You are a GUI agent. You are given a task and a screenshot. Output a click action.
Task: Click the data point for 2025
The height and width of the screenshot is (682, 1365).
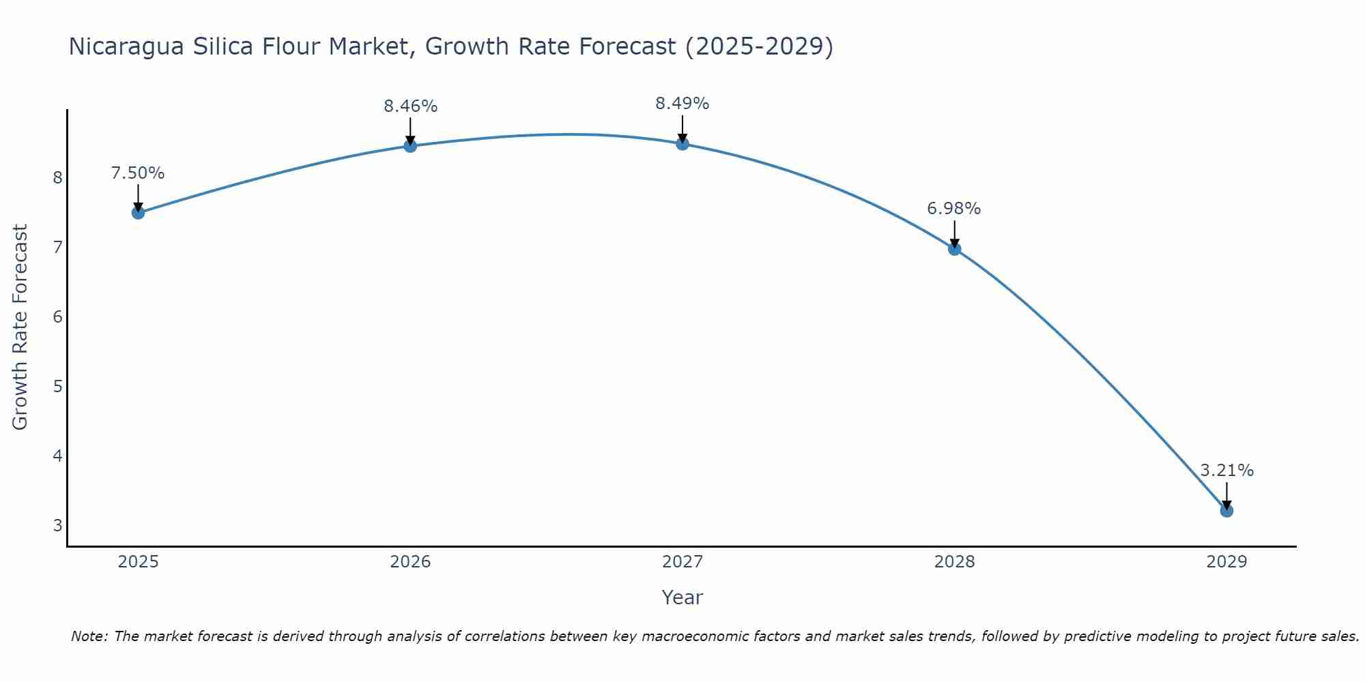tap(138, 213)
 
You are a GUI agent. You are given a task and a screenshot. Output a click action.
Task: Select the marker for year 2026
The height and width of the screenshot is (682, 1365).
tap(410, 146)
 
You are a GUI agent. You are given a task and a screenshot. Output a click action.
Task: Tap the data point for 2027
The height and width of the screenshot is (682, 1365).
tap(682, 144)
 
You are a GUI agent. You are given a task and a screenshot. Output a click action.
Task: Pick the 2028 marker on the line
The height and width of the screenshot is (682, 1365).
tap(954, 249)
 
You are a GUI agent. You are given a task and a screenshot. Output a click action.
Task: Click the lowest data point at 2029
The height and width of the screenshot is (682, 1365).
tap(1226, 511)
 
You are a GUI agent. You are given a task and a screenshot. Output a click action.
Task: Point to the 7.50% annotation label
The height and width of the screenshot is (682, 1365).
tap(138, 173)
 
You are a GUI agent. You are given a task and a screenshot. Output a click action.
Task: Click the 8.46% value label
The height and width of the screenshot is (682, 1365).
tap(410, 106)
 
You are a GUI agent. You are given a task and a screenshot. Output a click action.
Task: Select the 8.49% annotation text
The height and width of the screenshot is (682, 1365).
tap(682, 104)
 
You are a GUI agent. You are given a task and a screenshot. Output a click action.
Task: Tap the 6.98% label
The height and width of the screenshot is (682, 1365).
tap(954, 209)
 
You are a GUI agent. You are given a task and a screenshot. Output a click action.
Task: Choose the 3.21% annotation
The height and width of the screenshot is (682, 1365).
tap(1226, 471)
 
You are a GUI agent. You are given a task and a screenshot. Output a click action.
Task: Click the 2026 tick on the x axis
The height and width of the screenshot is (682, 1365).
tap(410, 562)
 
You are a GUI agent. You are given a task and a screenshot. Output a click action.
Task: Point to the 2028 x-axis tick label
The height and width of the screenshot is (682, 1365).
tap(954, 562)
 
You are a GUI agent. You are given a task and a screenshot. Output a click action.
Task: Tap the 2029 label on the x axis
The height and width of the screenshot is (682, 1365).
tap(1226, 562)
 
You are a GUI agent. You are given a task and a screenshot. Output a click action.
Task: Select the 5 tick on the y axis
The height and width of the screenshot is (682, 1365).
tap(57, 387)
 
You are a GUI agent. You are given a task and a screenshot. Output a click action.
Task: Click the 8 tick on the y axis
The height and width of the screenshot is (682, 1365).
tap(57, 178)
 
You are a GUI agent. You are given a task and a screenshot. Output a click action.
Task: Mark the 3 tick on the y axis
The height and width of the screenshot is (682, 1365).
tap(57, 526)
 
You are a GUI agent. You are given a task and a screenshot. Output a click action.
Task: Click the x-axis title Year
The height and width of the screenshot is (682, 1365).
tap(682, 597)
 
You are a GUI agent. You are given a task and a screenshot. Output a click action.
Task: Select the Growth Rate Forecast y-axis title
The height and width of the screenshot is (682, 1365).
tap(20, 327)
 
